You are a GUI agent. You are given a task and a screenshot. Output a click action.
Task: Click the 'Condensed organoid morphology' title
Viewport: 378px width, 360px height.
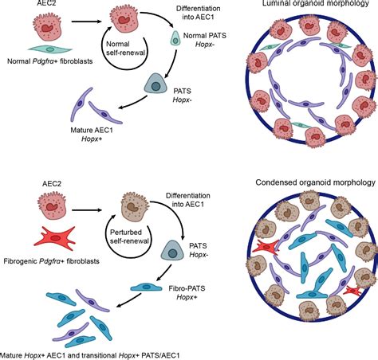[x=313, y=183]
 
